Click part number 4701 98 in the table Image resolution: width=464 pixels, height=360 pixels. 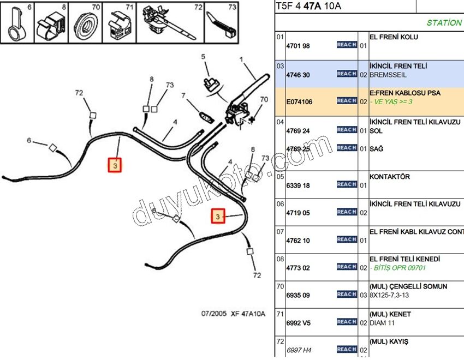click(298, 46)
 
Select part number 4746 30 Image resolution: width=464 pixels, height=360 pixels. click(298, 75)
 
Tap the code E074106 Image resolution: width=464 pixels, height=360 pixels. click(299, 101)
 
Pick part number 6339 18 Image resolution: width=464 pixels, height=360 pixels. click(298, 185)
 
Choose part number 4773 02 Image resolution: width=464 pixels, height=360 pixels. click(298, 268)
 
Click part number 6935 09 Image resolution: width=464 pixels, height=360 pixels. click(298, 295)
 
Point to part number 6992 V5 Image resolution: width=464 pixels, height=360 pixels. click(298, 322)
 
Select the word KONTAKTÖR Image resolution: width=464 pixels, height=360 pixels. click(390, 177)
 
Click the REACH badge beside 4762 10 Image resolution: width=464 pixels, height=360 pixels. click(347, 239)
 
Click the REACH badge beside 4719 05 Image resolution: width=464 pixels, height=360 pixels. click(347, 212)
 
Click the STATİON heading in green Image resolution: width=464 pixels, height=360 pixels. click(444, 23)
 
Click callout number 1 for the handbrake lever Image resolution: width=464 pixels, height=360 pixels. click(241, 59)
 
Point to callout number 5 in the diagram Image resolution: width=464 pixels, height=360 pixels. click(203, 57)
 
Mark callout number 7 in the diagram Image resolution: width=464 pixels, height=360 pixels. click(184, 96)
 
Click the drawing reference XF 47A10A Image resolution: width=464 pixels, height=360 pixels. click(248, 314)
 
